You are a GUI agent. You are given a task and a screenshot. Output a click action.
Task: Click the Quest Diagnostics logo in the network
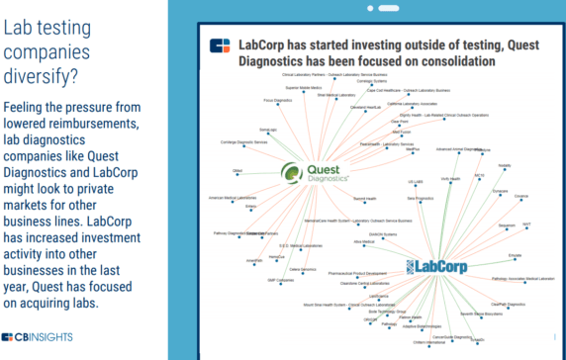coord(315,171)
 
